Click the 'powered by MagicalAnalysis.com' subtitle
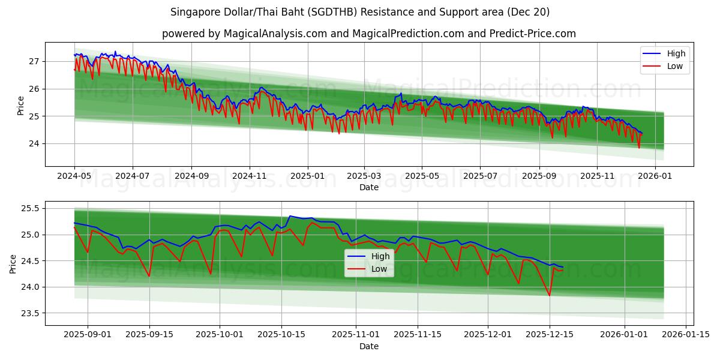tap(368, 34)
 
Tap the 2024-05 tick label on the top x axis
tap(74, 176)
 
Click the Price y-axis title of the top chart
tap(21, 104)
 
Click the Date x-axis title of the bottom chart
tap(368, 346)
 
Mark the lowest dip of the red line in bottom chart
tap(549, 295)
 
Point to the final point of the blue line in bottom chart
tap(562, 267)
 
